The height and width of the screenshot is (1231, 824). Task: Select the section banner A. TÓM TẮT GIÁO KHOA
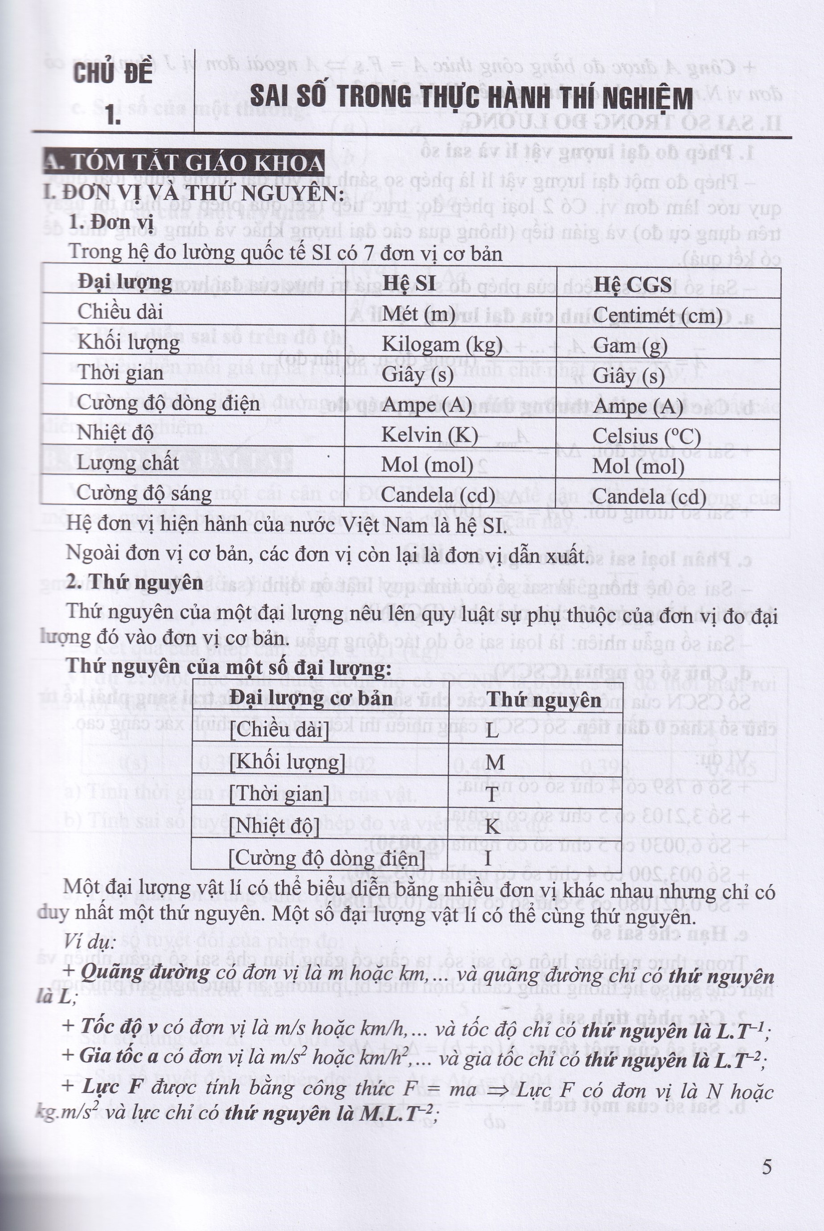pyautogui.click(x=184, y=164)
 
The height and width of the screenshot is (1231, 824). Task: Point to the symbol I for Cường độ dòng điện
pyautogui.click(x=488, y=858)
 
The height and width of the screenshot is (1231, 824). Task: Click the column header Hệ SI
pyautogui.click(x=408, y=283)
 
